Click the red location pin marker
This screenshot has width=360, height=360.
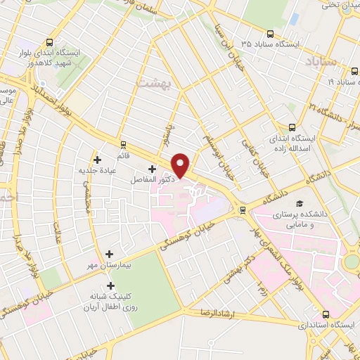(x=181, y=165)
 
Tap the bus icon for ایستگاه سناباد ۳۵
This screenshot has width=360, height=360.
(x=270, y=33)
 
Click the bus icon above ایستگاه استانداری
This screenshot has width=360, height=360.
(x=326, y=315)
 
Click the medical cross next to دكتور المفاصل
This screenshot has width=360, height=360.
(x=152, y=169)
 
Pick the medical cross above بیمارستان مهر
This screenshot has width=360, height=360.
(x=109, y=253)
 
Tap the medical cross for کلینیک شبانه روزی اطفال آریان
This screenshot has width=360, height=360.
(x=110, y=285)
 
